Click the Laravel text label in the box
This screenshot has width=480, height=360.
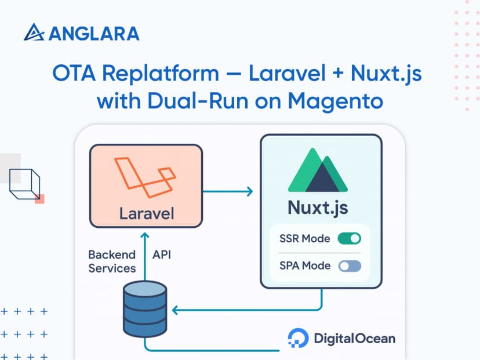coord(146,213)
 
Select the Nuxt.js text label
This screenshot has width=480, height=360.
coord(318,207)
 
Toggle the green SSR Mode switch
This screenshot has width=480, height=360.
coord(350,238)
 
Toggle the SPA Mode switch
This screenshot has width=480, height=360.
coord(350,266)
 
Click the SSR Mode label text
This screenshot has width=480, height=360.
coord(304,238)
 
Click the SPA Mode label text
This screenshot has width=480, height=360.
coord(304,266)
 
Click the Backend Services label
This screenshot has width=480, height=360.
coord(112,261)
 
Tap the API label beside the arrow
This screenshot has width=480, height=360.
coord(162,254)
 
